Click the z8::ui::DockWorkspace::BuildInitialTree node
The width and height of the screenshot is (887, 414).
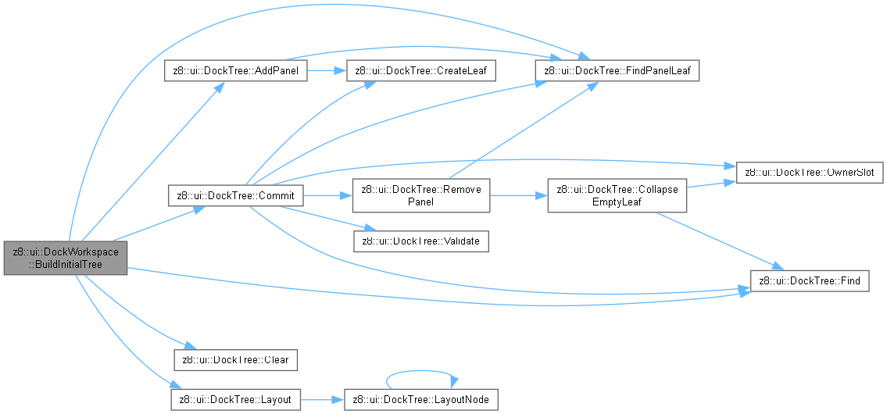click(65, 258)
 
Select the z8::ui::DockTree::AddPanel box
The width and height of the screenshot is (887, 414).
click(235, 70)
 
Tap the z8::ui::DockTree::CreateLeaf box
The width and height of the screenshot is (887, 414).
click(425, 70)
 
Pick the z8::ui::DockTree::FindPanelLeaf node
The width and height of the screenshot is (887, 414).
click(617, 70)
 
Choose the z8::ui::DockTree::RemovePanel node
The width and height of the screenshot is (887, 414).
click(421, 196)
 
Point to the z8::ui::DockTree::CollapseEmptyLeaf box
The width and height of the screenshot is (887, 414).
click(617, 196)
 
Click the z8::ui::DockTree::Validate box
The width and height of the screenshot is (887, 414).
click(421, 241)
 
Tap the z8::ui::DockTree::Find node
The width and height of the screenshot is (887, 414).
click(809, 281)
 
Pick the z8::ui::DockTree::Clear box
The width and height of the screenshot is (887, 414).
click(235, 359)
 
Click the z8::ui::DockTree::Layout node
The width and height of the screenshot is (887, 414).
click(235, 400)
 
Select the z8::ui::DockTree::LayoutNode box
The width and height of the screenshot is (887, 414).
click(421, 400)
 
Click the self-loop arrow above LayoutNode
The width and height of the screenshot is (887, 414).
click(421, 371)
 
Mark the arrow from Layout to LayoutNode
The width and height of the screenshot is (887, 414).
click(323, 400)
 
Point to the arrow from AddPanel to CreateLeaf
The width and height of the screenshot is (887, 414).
click(327, 70)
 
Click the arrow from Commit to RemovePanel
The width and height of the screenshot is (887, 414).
click(328, 196)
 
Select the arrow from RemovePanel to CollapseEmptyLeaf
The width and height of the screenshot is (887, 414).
click(519, 196)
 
